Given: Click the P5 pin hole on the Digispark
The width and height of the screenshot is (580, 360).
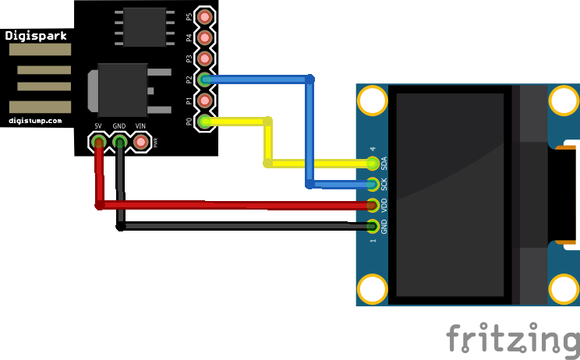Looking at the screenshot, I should pyautogui.click(x=205, y=16).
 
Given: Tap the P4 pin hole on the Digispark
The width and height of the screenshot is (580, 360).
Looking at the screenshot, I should pyautogui.click(x=205, y=37).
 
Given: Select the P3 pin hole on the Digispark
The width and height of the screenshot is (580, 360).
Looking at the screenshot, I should pyautogui.click(x=205, y=58).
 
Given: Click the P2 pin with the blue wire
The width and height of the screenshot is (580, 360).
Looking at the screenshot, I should pyautogui.click(x=205, y=79).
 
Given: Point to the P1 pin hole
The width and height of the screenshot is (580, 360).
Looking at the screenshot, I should pyautogui.click(x=205, y=101).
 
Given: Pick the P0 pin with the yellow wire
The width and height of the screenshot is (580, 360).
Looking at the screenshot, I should pyautogui.click(x=205, y=122).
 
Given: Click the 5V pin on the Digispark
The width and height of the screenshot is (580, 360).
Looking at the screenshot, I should pyautogui.click(x=99, y=142).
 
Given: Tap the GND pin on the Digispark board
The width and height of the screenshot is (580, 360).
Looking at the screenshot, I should pyautogui.click(x=120, y=142).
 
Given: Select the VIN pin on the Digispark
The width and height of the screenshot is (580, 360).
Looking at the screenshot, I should pyautogui.click(x=141, y=142).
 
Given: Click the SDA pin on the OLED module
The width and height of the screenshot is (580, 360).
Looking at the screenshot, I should pyautogui.click(x=373, y=164).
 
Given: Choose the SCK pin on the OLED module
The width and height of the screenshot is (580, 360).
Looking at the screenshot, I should pyautogui.click(x=373, y=185).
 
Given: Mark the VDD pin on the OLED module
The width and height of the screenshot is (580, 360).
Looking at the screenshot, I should pyautogui.click(x=373, y=206).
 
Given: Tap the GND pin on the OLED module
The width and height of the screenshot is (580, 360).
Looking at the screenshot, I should pyautogui.click(x=373, y=227).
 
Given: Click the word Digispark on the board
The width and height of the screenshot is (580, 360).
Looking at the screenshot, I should pyautogui.click(x=36, y=35).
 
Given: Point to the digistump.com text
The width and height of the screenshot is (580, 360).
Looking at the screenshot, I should pyautogui.click(x=35, y=121).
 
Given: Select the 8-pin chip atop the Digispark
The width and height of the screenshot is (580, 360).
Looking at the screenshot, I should pyautogui.click(x=144, y=27).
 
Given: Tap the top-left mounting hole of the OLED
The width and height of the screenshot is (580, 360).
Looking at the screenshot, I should pyautogui.click(x=373, y=101).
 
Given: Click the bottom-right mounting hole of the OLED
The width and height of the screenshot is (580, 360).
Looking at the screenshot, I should pyautogui.click(x=564, y=289).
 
